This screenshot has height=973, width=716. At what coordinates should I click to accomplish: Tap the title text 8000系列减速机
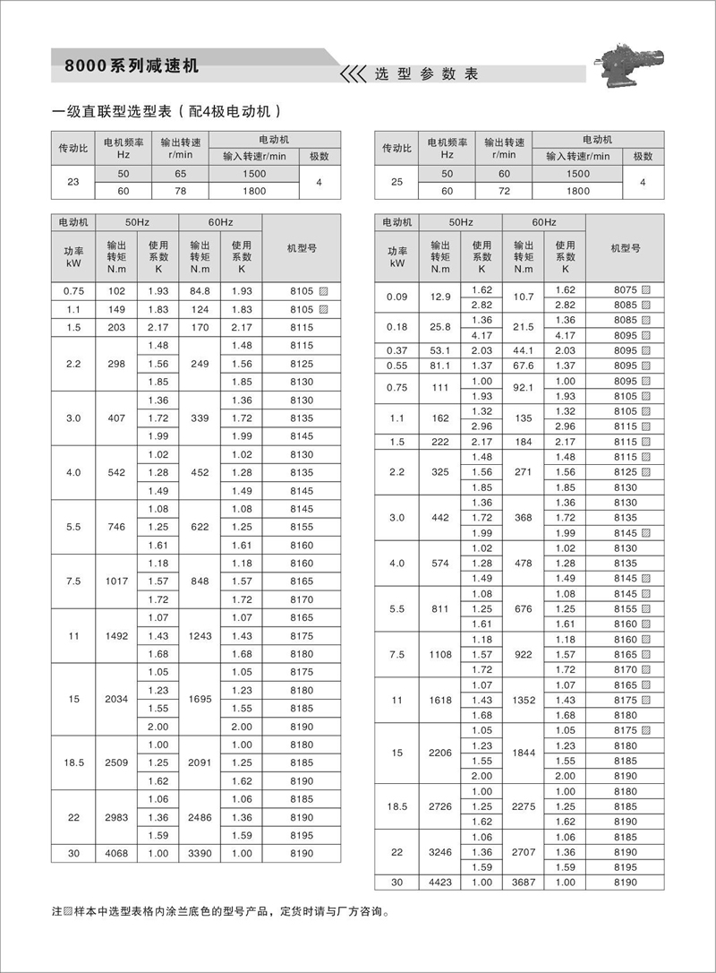point(131,67)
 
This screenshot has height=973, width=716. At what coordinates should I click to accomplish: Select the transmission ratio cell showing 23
point(73,182)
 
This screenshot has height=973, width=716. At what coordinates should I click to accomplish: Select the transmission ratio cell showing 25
point(397,182)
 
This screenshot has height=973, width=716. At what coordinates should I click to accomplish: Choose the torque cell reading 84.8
point(200,290)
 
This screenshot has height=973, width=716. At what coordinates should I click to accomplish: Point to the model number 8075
point(625,289)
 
